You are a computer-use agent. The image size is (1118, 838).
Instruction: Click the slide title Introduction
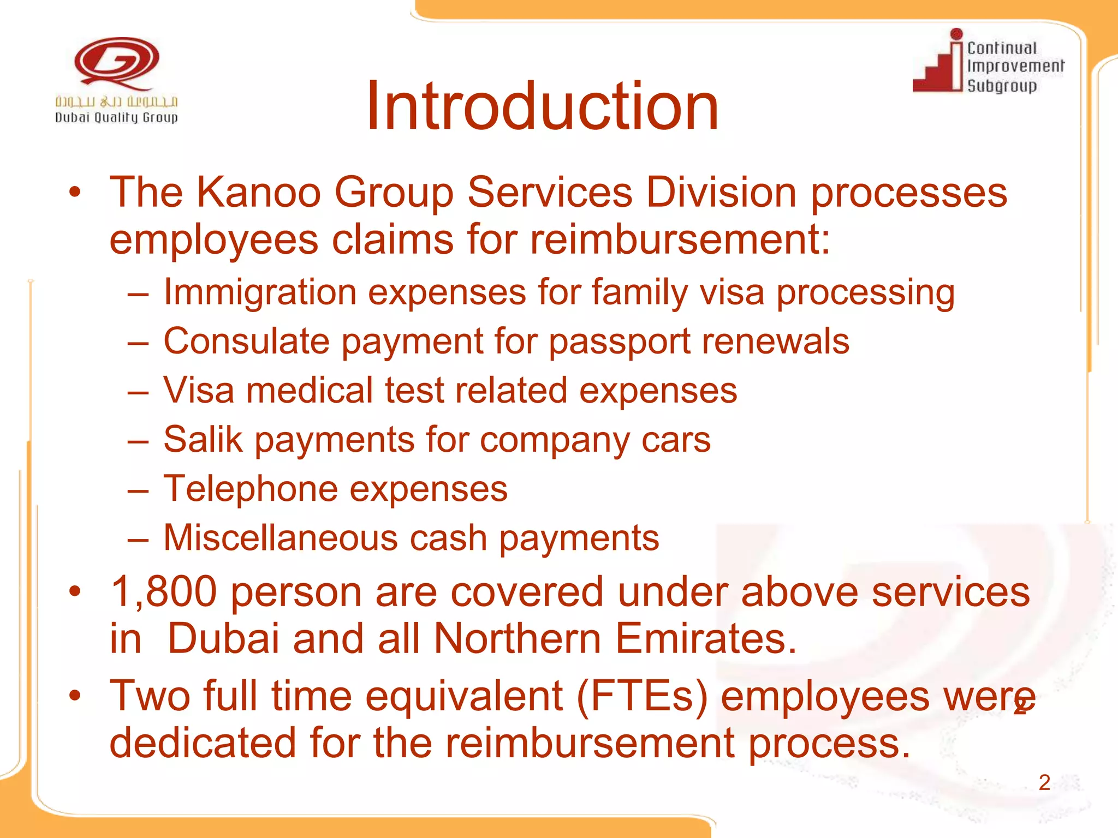click(542, 106)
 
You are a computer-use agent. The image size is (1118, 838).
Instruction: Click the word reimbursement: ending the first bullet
click(680, 240)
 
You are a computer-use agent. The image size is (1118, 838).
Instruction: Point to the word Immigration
click(260, 292)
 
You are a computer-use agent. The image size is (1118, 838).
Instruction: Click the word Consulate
click(246, 342)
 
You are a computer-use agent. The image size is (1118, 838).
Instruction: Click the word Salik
click(203, 440)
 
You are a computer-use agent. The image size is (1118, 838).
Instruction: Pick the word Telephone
click(251, 489)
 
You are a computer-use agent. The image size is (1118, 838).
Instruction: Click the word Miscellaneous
click(281, 538)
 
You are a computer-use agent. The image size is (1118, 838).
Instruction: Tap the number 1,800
click(163, 592)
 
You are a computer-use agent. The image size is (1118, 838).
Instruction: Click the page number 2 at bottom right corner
click(1044, 783)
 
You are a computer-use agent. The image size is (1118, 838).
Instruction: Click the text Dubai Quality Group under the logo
click(116, 117)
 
